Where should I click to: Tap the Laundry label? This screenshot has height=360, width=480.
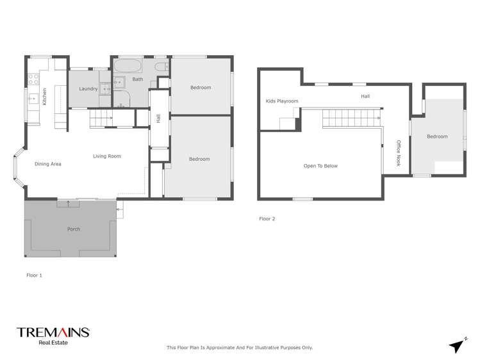click(88, 88)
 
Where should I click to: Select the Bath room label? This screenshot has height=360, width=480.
click(138, 79)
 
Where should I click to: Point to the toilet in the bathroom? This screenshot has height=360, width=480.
click(161, 65)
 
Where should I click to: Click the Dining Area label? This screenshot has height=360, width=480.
click(48, 164)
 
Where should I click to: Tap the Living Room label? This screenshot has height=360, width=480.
click(107, 156)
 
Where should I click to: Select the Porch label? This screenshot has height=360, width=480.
click(74, 229)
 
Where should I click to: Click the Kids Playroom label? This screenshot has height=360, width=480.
click(279, 101)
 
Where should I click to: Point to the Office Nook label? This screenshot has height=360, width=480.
click(398, 153)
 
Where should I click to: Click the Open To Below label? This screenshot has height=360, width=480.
click(320, 166)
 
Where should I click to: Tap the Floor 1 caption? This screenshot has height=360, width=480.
click(34, 275)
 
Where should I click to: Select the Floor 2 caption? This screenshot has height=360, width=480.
click(267, 218)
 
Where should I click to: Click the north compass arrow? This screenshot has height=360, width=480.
click(457, 345)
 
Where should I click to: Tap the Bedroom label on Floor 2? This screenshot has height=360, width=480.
click(437, 136)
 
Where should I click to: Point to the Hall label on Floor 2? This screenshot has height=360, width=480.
click(365, 96)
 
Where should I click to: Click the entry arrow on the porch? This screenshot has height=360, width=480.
click(69, 204)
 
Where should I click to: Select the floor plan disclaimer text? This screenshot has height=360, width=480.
click(240, 347)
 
